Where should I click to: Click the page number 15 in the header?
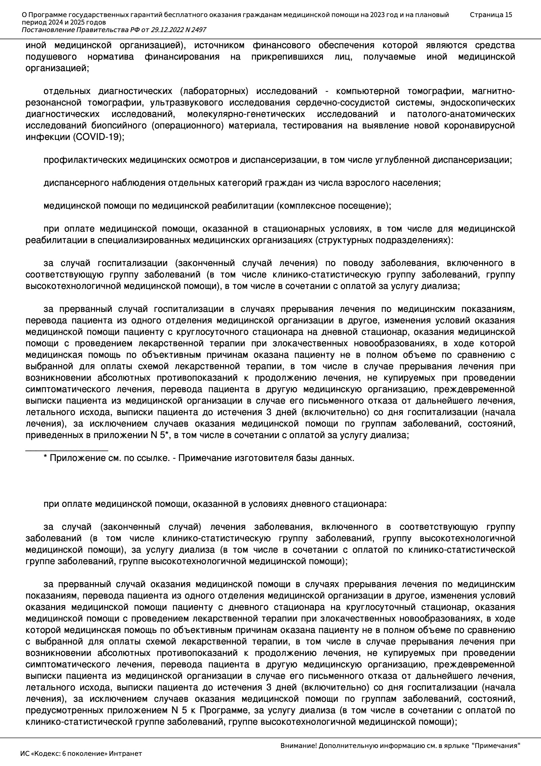(x=508, y=15)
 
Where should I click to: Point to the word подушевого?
(x=51, y=57)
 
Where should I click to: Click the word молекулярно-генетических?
(x=246, y=114)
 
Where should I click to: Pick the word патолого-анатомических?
(x=461, y=114)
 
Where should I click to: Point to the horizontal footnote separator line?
(x=67, y=450)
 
